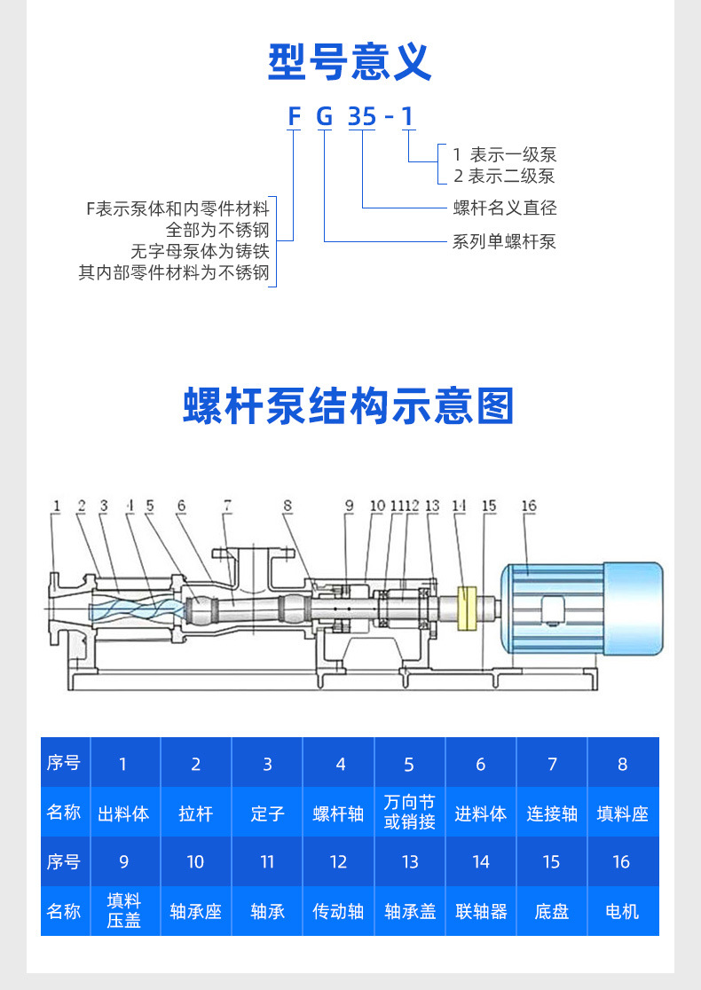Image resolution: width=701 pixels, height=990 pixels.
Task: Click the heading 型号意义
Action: [x=350, y=61]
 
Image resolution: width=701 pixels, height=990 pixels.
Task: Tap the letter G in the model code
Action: [x=325, y=117]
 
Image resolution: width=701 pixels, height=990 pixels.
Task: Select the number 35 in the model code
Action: [x=361, y=117]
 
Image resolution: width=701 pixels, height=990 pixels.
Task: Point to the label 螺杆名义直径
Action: [x=505, y=208]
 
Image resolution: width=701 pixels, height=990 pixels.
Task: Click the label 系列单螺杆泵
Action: [x=505, y=241]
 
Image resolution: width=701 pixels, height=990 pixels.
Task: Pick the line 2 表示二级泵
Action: [x=504, y=176]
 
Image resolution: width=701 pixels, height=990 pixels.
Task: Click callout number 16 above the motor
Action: [x=529, y=506]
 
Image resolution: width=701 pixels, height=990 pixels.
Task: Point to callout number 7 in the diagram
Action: [x=227, y=506]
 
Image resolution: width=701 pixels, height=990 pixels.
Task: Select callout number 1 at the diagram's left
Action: [x=56, y=506]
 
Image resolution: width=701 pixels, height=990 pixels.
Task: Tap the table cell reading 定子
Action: [x=267, y=813]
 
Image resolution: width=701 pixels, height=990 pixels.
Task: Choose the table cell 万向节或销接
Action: [x=409, y=813]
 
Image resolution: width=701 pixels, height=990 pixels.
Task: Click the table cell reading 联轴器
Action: [x=481, y=911]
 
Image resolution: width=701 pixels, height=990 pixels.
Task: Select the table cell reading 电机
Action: [x=622, y=911]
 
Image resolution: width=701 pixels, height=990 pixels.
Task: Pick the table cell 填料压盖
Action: [x=124, y=911]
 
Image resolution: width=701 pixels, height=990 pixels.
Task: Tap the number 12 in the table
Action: [x=338, y=862]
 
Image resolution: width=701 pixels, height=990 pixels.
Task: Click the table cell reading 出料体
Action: [x=123, y=813]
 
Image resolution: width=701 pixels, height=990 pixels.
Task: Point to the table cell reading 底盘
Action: [x=552, y=911]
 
